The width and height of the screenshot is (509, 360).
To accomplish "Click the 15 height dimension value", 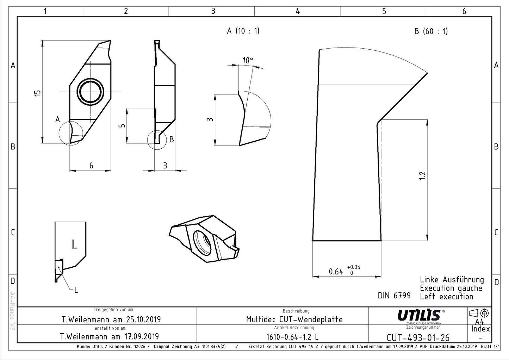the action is (38, 93).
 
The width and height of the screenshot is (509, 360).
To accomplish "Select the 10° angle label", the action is (248, 61).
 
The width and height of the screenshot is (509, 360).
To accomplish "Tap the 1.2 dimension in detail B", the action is (422, 175).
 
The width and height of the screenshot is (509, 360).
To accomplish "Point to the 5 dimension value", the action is (122, 125).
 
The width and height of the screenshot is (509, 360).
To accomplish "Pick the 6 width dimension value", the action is (91, 166).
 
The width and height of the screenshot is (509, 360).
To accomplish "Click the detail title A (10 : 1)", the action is (243, 31).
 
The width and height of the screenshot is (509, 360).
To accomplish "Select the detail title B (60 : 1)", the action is (431, 31).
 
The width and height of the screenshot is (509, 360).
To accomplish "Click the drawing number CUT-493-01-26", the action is (418, 338).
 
